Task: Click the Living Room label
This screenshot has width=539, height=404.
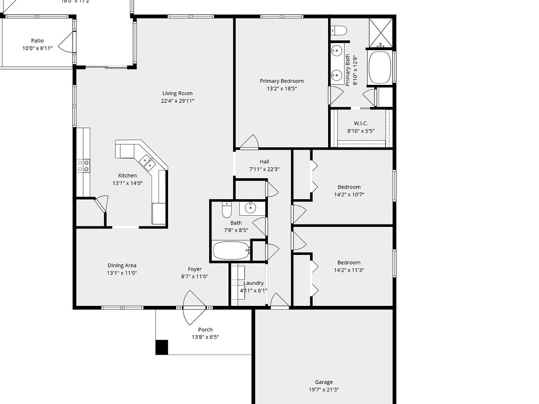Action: [177, 93]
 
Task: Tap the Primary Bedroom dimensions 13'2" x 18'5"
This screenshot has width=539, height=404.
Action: [282, 89]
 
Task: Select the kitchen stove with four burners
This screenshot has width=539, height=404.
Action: [84, 166]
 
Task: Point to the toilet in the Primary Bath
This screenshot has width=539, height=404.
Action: [339, 31]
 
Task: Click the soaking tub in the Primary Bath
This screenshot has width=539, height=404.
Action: [379, 68]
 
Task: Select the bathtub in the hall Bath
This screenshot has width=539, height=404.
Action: [232, 250]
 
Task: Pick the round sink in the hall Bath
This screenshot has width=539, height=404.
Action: [250, 208]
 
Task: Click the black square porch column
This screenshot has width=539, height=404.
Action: [162, 347]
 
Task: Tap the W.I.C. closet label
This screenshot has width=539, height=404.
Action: [361, 123]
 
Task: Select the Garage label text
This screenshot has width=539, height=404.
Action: [324, 382]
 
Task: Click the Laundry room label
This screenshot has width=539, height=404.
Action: [253, 283]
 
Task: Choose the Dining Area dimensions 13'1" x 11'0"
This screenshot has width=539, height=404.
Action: [122, 273]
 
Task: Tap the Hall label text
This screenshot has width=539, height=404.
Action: [264, 162]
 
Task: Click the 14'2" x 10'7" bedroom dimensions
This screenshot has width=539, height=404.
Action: [349, 195]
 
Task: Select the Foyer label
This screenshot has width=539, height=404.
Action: [195, 269]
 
